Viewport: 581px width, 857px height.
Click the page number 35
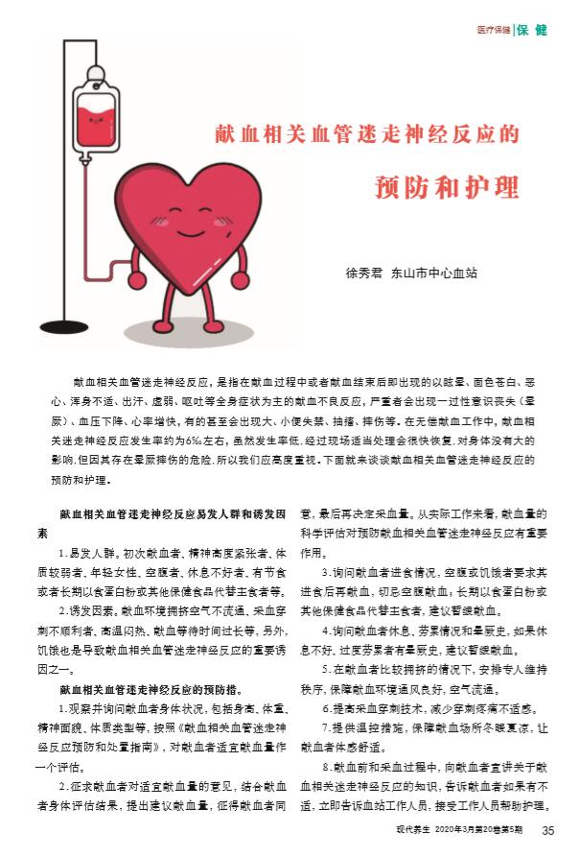547,830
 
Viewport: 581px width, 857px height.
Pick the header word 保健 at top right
533,30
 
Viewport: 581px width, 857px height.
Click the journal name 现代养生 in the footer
411,831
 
